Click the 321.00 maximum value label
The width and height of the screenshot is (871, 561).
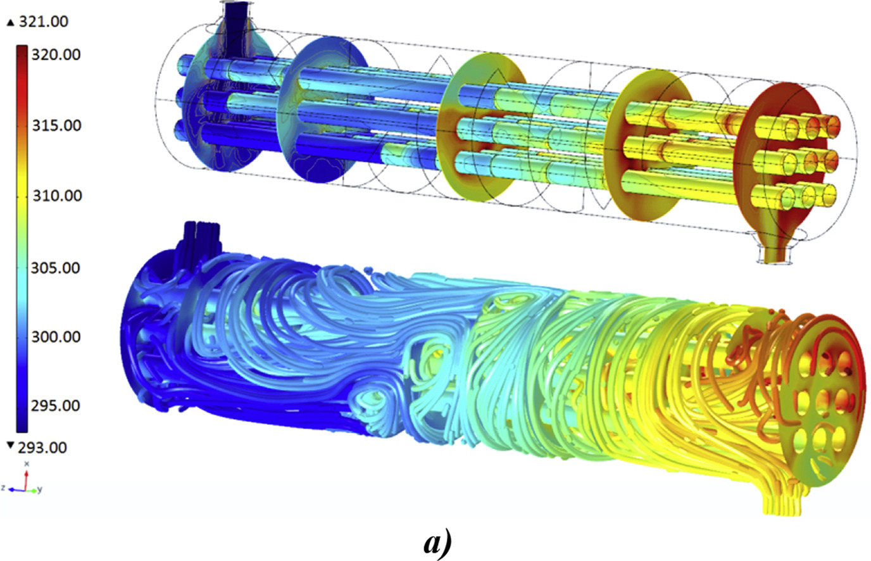click(x=44, y=22)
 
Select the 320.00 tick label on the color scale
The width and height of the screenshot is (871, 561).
click(x=56, y=55)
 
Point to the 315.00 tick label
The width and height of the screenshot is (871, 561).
click(x=57, y=125)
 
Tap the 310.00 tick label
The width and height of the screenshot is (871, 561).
click(x=57, y=196)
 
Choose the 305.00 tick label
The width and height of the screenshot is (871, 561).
click(x=56, y=268)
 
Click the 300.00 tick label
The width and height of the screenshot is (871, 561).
click(x=56, y=337)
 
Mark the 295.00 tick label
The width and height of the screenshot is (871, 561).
click(x=56, y=406)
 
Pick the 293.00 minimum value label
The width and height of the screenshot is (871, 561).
click(x=42, y=448)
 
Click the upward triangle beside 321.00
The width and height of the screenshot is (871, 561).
click(x=11, y=23)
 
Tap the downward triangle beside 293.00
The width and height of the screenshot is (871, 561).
click(x=11, y=445)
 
